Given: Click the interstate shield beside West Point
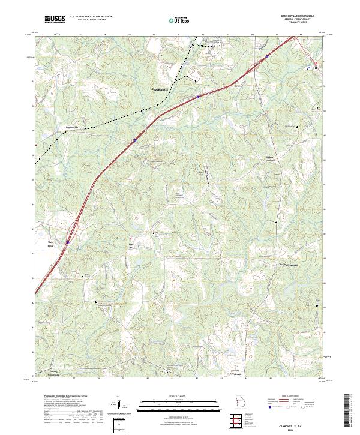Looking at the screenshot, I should (x=68, y=242).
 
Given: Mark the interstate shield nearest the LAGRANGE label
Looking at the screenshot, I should (x=197, y=95).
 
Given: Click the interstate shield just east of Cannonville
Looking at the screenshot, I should (x=134, y=140).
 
